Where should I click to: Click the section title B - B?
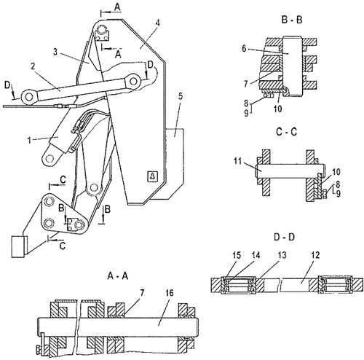(292, 20)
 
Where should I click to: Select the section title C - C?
(287, 132)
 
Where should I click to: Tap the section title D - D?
(284, 237)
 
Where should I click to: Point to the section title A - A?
(118, 276)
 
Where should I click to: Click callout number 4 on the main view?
(157, 23)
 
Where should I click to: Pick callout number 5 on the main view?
(180, 96)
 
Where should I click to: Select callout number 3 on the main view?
(55, 52)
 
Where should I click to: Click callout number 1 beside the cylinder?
(29, 140)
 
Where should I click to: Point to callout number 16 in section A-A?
(170, 293)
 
